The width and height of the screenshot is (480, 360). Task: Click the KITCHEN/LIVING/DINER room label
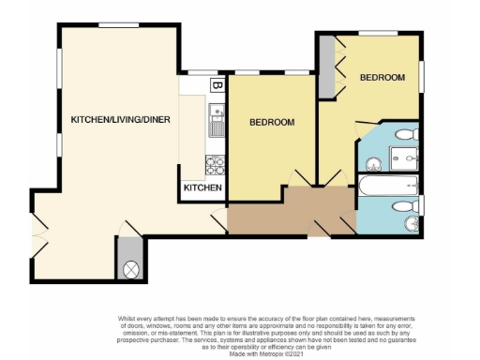120,119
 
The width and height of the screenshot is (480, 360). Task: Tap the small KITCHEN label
202,188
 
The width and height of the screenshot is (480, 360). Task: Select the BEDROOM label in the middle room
272,123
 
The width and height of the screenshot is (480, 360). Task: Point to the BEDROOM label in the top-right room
382,77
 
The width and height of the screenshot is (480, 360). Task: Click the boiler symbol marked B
217,87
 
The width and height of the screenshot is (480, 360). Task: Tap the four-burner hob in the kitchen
216,166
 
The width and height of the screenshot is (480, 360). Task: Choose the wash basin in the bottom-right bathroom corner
412,224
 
